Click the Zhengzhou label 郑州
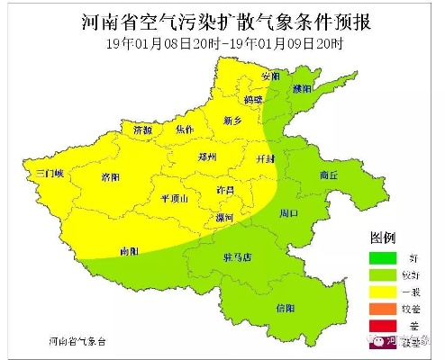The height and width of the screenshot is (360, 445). [208, 157]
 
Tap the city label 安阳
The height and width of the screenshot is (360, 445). [270, 76]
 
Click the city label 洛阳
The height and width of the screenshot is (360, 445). [111, 176]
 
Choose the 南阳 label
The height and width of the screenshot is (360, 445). [130, 251]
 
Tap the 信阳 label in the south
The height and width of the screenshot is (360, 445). [285, 308]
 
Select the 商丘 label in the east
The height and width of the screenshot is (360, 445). [329, 176]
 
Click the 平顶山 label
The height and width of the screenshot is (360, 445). [174, 199]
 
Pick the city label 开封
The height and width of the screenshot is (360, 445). [266, 158]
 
